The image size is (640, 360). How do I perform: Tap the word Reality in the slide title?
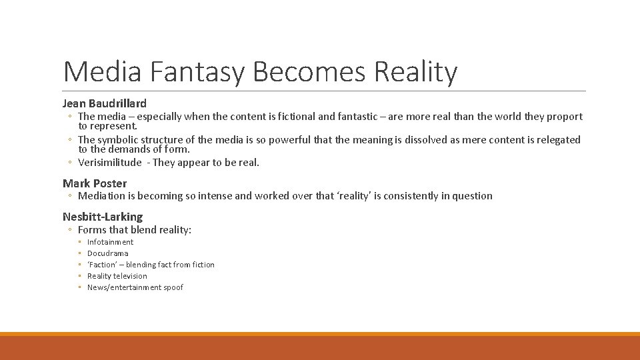click(x=416, y=72)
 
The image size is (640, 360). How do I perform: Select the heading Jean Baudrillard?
click(x=105, y=103)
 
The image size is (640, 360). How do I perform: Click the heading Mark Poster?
click(x=95, y=183)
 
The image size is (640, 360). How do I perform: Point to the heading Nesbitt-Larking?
click(x=103, y=216)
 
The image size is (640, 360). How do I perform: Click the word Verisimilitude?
click(x=110, y=163)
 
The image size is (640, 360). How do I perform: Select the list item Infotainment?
click(x=110, y=242)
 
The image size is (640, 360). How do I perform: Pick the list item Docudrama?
click(x=108, y=253)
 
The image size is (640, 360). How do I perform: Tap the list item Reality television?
click(x=117, y=276)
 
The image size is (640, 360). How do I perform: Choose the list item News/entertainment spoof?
click(x=135, y=287)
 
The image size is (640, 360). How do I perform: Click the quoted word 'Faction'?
click(x=101, y=265)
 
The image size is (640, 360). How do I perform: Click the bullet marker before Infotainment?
click(x=80, y=242)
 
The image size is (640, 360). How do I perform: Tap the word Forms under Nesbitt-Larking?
click(x=93, y=229)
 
